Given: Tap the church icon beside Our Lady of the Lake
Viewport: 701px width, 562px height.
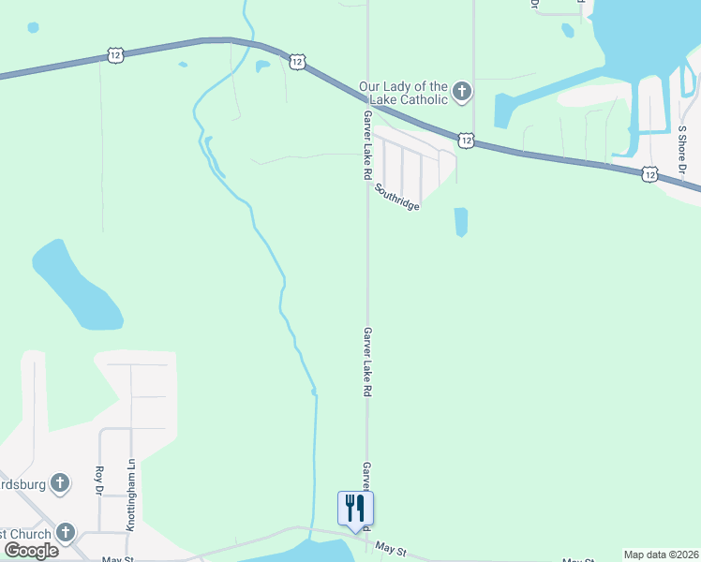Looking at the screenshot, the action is pos(461,92).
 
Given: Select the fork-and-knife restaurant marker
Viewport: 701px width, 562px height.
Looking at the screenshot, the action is pos(355,509).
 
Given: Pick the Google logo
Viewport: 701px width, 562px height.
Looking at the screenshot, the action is pos(31,551).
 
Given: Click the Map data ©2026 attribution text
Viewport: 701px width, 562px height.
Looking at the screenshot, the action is pos(661,555).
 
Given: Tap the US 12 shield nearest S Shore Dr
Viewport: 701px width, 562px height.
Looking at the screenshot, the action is pos(650,174).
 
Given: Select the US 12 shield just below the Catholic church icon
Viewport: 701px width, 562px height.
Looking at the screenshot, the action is pos(466,140).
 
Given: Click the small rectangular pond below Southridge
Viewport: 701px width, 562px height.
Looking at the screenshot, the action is pos(460,222).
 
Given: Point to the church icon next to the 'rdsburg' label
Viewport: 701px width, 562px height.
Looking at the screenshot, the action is pos(60,483).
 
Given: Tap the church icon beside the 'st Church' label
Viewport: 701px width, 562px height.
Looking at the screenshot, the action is pos(65,533).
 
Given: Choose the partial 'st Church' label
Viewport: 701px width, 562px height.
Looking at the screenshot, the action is pos(24,534).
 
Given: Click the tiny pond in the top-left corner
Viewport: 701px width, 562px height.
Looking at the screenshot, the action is pos(34,27).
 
